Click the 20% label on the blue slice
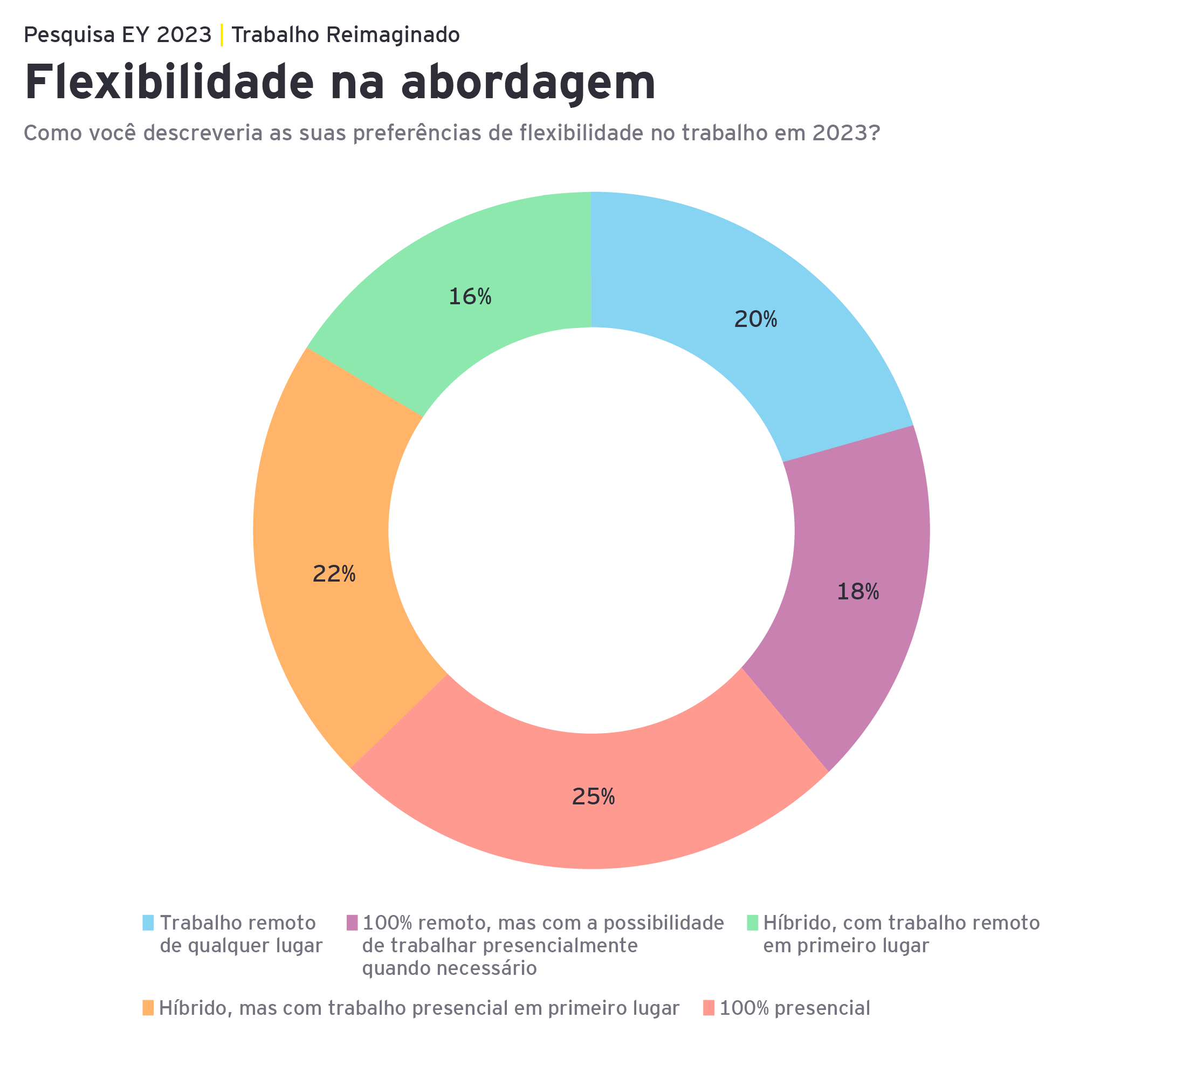tap(755, 320)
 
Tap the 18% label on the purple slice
tap(857, 592)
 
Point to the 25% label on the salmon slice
tap(593, 797)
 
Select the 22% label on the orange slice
tap(334, 574)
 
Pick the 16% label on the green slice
tap(470, 297)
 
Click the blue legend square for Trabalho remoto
tap(148, 923)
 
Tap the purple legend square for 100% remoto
tap(352, 923)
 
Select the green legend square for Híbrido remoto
tap(752, 923)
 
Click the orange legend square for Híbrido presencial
tap(148, 1008)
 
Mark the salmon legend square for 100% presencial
tap(709, 1008)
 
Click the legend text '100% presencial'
tap(795, 1008)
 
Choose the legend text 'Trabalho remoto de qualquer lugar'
tap(240, 934)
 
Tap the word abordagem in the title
tap(528, 83)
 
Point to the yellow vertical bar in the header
tap(222, 35)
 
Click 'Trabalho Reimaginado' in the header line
tap(346, 35)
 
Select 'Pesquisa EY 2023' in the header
tap(118, 35)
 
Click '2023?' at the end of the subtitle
tap(845, 133)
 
